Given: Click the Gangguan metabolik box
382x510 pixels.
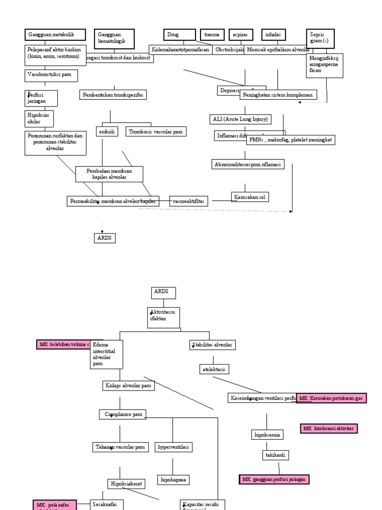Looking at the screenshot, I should pyautogui.click(x=55, y=35).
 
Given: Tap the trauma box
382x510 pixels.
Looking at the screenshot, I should pyautogui.click(x=213, y=35).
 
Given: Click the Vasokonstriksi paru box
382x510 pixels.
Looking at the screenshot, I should pyautogui.click(x=51, y=75).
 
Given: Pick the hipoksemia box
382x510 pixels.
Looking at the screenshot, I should pyautogui.click(x=267, y=435).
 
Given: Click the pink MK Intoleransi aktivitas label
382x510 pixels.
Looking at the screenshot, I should pyautogui.click(x=330, y=428).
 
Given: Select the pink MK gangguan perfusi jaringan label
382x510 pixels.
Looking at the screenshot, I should pyautogui.click(x=274, y=479).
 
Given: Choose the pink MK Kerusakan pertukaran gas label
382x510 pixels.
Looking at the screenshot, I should pyautogui.click(x=331, y=398).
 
